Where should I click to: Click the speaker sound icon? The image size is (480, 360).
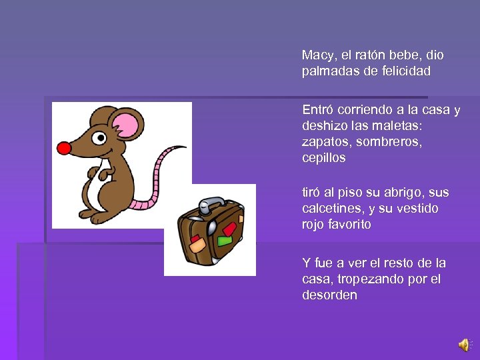click(x=463, y=345)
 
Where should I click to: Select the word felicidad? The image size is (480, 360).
click(x=406, y=71)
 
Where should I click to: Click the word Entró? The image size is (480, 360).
click(x=318, y=109)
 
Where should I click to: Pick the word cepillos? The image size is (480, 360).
click(x=324, y=158)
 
